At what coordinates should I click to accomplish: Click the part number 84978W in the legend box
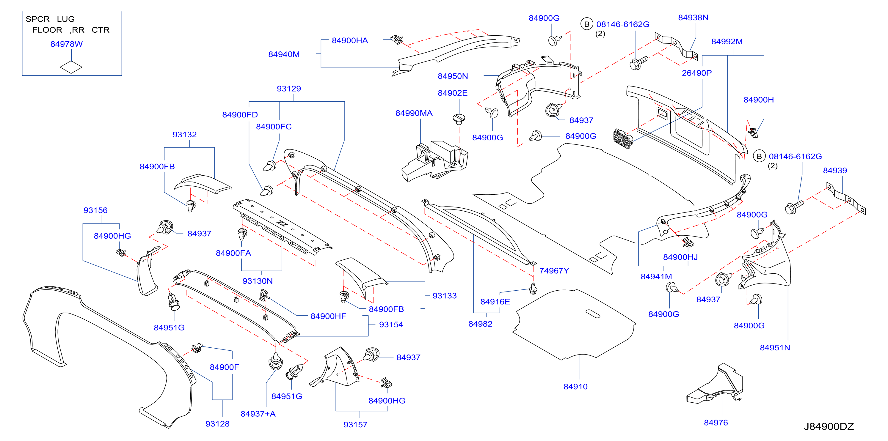pyautogui.click(x=67, y=44)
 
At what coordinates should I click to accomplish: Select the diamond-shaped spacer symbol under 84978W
pyautogui.click(x=71, y=67)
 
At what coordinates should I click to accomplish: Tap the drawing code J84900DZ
pyautogui.click(x=829, y=426)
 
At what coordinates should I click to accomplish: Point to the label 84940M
pyautogui.click(x=284, y=54)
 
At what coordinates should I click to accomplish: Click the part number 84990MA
pyautogui.click(x=414, y=113)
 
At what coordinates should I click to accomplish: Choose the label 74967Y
pyautogui.click(x=554, y=271)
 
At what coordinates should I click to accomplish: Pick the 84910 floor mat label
pyautogui.click(x=576, y=387)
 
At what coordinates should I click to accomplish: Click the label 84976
pyautogui.click(x=716, y=423)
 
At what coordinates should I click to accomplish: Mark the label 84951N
pyautogui.click(x=775, y=348)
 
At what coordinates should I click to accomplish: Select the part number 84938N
pyautogui.click(x=693, y=18)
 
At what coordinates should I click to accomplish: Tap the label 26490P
pyautogui.click(x=697, y=73)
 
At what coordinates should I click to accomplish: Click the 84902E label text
pyautogui.click(x=453, y=93)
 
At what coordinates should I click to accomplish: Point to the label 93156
pyautogui.click(x=95, y=210)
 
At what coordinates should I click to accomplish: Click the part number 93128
pyautogui.click(x=217, y=424)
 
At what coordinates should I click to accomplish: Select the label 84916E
pyautogui.click(x=495, y=302)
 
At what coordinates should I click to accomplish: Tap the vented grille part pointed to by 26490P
pyautogui.click(x=623, y=138)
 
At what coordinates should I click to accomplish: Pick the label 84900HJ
pyautogui.click(x=680, y=257)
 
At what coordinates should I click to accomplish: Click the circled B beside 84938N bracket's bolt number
pyautogui.click(x=587, y=24)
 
